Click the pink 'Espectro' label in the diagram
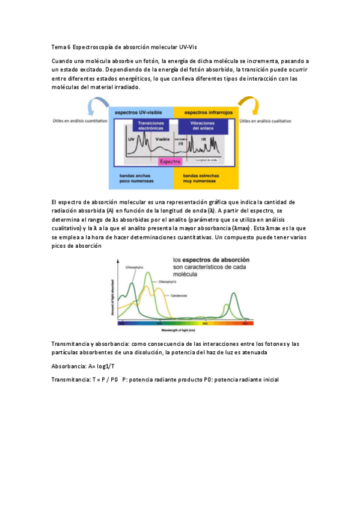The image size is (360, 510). click(x=170, y=162)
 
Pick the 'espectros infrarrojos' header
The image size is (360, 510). click(x=204, y=112)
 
